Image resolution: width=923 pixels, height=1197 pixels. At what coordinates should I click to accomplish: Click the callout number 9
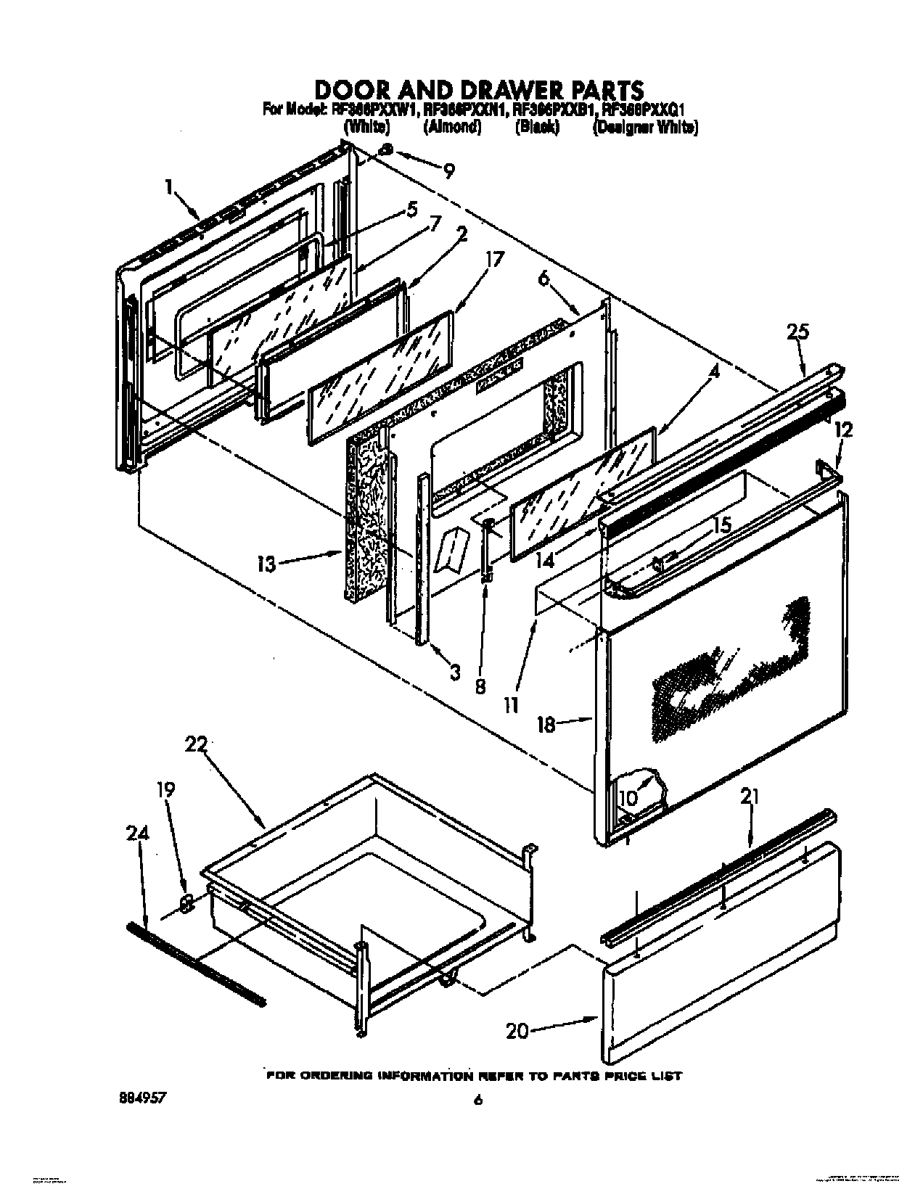(x=449, y=171)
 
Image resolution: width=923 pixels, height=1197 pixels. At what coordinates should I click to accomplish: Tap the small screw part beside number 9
(x=387, y=149)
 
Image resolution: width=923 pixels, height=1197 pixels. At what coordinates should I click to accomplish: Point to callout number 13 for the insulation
(x=266, y=564)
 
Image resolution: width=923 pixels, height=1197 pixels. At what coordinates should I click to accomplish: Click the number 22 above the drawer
(x=196, y=745)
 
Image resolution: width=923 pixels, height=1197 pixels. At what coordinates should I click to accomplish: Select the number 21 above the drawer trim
(x=750, y=797)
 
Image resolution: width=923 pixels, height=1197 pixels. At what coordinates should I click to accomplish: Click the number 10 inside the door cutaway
(x=628, y=798)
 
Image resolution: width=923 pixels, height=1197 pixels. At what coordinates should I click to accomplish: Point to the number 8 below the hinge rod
(x=480, y=686)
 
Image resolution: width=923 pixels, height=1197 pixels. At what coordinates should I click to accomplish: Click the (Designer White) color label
(x=645, y=127)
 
